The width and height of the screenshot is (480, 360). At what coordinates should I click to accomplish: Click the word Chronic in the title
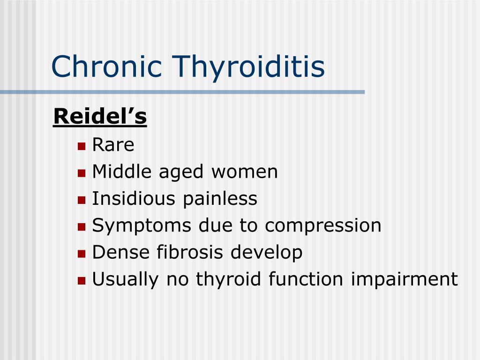[x=107, y=66]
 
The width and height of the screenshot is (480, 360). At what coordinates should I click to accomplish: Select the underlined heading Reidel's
[x=100, y=117]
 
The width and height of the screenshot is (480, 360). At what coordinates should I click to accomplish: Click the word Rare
[x=113, y=145]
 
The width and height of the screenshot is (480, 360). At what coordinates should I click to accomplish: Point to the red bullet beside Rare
[x=82, y=146]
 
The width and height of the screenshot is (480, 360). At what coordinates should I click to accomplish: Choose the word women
[x=244, y=172]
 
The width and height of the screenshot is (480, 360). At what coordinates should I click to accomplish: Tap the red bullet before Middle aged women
[x=82, y=173]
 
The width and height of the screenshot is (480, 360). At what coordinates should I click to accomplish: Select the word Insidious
[x=134, y=198]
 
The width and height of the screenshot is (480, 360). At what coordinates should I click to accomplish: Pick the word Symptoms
[x=142, y=226]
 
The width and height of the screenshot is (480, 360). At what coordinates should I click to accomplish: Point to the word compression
[x=323, y=226]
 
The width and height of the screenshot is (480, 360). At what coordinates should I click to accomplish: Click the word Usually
[x=126, y=280]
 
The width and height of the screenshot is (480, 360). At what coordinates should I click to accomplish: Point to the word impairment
[x=404, y=280]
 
